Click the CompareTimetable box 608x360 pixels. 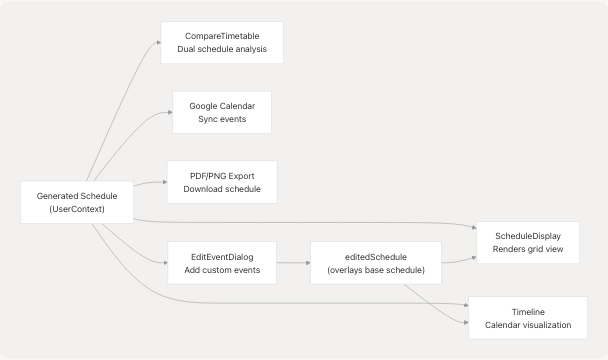[x=221, y=42]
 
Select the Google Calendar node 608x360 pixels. [x=221, y=112]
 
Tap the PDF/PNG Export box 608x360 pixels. [x=221, y=182]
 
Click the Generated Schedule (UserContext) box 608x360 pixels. [x=77, y=203]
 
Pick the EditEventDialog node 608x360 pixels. [x=221, y=263]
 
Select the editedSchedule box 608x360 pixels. [x=374, y=263]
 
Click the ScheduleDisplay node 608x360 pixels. [x=528, y=241]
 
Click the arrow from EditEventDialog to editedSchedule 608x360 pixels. [x=293, y=263]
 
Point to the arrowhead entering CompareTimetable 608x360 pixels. [x=156, y=43]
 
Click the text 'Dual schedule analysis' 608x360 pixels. [x=221, y=50]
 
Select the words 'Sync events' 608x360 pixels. [x=221, y=120]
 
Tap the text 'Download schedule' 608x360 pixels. [x=221, y=190]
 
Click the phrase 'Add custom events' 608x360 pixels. [x=221, y=271]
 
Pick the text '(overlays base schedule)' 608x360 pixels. [x=374, y=271]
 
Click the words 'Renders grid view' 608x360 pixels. [x=528, y=249]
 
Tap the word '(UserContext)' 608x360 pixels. [x=77, y=211]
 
